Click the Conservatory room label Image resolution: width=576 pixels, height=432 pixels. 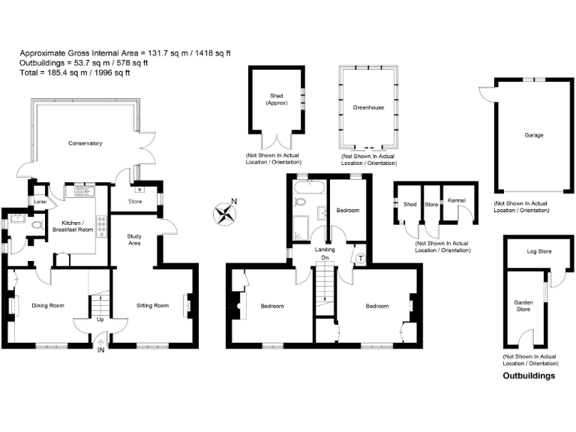pyautogui.click(x=85, y=143)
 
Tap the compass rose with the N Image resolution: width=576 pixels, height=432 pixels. pyautogui.click(x=224, y=214)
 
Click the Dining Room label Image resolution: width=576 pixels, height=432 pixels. pyautogui.click(x=47, y=305)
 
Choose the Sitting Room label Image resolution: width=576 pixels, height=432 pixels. pyautogui.click(x=152, y=305)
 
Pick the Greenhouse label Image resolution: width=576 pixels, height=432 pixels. pyautogui.click(x=368, y=108)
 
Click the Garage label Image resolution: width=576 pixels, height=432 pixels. pyautogui.click(x=534, y=136)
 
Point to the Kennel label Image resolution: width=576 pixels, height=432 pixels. pyautogui.click(x=456, y=200)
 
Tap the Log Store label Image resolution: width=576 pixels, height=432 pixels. pyautogui.click(x=539, y=251)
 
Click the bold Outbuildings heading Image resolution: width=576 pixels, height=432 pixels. pyautogui.click(x=529, y=376)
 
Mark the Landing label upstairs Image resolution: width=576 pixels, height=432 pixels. pyautogui.click(x=324, y=250)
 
